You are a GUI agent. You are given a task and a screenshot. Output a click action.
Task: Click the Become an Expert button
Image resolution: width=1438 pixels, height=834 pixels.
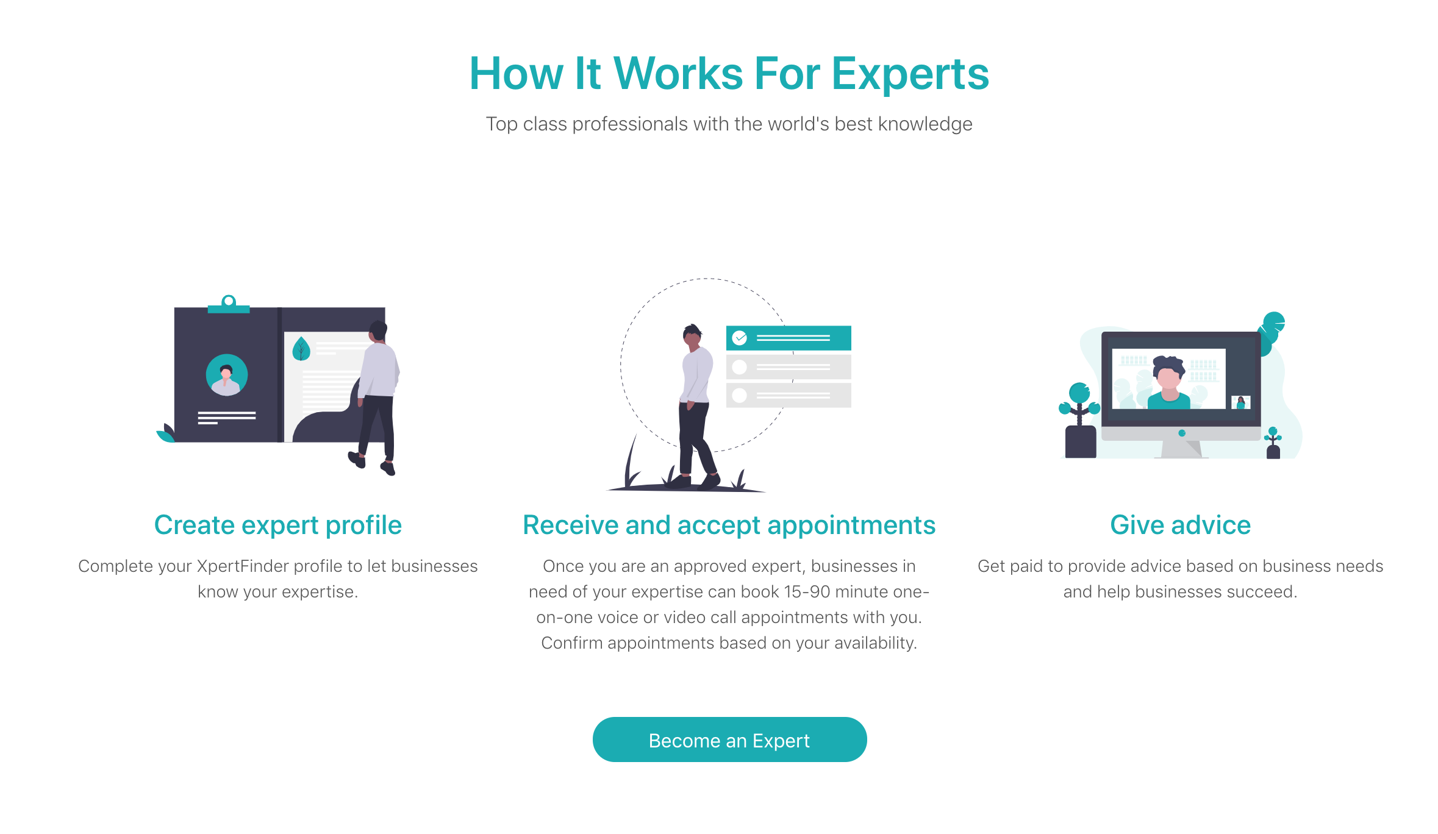729,740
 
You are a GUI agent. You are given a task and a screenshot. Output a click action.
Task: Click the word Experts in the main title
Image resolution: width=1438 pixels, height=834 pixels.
910,74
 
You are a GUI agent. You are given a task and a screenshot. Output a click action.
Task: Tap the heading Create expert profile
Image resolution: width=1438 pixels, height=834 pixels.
278,525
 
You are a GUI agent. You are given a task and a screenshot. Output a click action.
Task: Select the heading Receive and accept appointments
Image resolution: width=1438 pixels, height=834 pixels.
729,525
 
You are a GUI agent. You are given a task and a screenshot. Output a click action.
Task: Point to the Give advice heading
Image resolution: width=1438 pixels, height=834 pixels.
1180,525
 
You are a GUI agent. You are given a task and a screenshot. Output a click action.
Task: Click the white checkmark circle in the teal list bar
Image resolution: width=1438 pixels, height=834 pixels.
740,338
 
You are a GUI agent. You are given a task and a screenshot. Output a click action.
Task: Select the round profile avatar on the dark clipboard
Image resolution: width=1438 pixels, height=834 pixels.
227,375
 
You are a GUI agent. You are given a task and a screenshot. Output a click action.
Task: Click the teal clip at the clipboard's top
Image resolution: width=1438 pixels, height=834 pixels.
229,304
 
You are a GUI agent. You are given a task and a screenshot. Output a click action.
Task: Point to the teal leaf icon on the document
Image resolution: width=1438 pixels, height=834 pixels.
301,349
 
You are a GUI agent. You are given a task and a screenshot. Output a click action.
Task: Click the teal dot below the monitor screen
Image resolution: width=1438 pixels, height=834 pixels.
1182,433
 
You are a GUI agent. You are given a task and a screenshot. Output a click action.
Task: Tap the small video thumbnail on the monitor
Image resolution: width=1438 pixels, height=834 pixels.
1241,402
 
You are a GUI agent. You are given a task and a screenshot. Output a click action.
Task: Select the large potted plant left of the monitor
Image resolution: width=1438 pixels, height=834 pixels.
1080,421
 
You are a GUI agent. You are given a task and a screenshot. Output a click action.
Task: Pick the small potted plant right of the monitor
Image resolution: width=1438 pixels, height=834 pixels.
1273,443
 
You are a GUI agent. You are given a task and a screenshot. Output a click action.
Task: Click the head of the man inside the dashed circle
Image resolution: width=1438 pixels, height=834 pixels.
692,335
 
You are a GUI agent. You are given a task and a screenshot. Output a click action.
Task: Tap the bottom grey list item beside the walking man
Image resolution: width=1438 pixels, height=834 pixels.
789,395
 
